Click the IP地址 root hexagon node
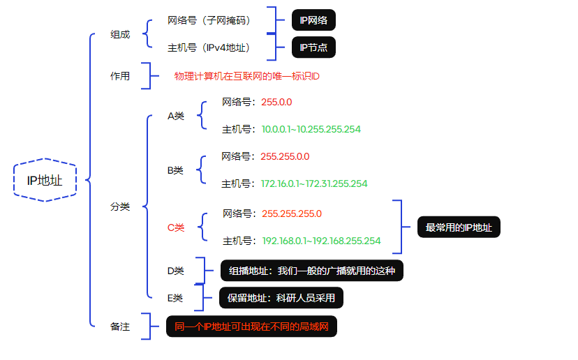(45, 180)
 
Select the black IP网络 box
(313, 20)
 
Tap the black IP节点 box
(313, 47)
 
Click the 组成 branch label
(120, 35)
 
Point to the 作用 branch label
(120, 76)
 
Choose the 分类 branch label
(120, 207)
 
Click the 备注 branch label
(120, 326)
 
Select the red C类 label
(176, 227)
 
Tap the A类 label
(176, 116)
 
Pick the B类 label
(175, 170)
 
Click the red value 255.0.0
(276, 102)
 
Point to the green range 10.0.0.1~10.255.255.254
(311, 129)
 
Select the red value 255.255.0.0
(285, 156)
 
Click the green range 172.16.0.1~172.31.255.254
(314, 183)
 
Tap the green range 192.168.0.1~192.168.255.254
(321, 241)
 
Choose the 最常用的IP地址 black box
(459, 227)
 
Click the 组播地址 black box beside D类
(311, 271)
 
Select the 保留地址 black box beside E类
(281, 298)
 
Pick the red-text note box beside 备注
(251, 326)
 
